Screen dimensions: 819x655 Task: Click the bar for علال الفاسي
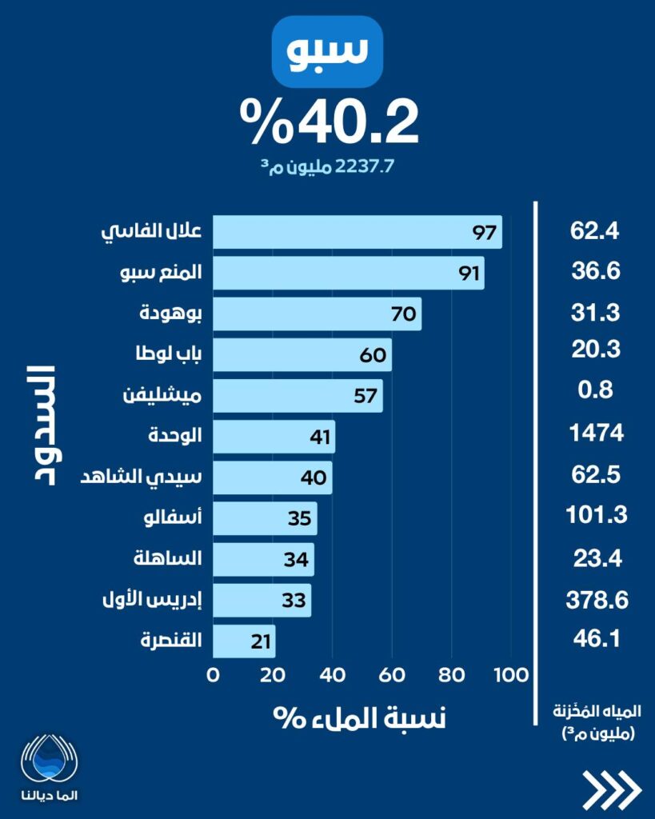pyautogui.click(x=357, y=232)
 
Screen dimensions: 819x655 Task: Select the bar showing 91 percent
pyautogui.click(x=349, y=273)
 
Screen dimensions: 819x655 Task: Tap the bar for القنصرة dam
pyautogui.click(x=244, y=641)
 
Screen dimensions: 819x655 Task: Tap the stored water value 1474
pyautogui.click(x=597, y=433)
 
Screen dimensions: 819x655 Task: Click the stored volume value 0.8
pyautogui.click(x=597, y=391)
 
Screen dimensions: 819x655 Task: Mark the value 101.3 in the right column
pyautogui.click(x=597, y=515)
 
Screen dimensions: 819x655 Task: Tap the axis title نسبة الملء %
pyautogui.click(x=360, y=717)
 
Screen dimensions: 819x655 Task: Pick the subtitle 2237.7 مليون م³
pyautogui.click(x=328, y=166)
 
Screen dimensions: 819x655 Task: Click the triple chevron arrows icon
pyautogui.click(x=612, y=789)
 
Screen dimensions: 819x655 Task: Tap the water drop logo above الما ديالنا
pyautogui.click(x=51, y=757)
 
